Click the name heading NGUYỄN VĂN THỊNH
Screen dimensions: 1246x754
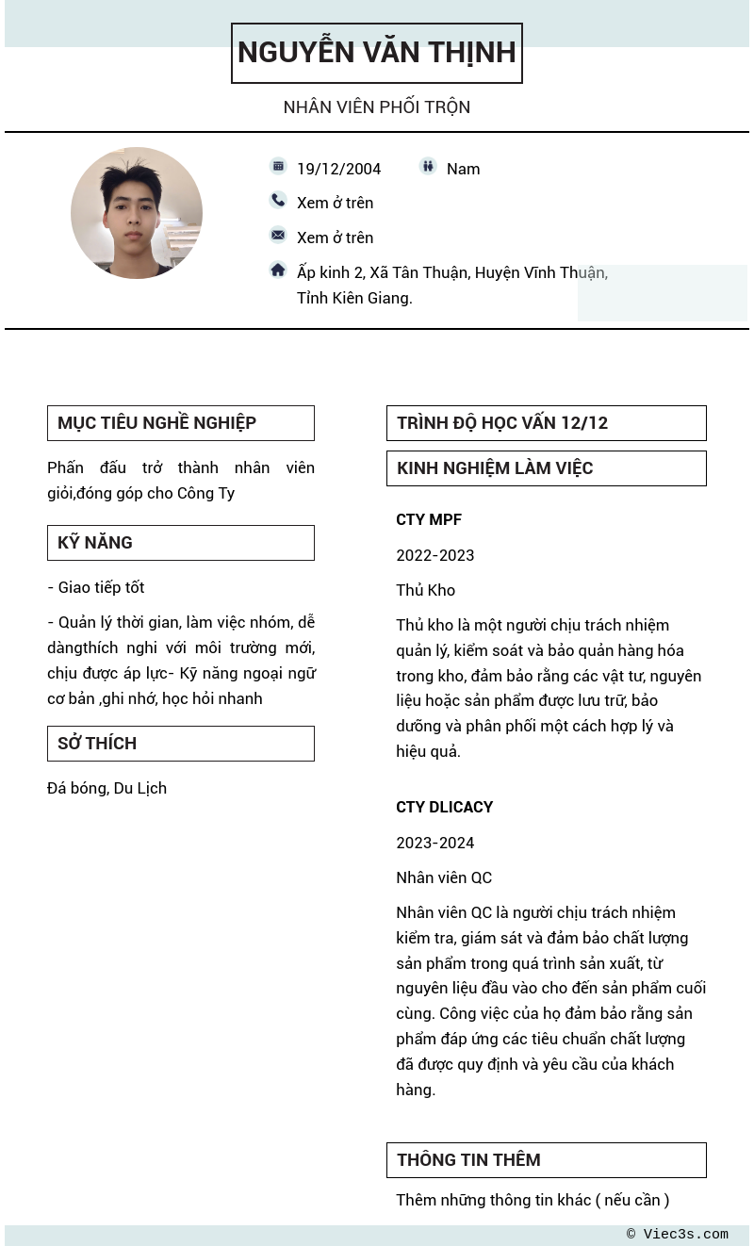point(377,53)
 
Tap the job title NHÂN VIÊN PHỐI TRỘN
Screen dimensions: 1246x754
point(377,107)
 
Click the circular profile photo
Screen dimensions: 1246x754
point(137,213)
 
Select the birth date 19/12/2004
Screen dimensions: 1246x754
point(338,169)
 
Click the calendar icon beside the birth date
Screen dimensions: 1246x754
point(278,166)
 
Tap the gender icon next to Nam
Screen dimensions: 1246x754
point(428,166)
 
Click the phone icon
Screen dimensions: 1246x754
point(278,200)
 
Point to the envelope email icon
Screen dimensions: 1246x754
point(278,235)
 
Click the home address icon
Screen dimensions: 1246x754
point(278,270)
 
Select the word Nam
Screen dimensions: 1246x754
point(463,169)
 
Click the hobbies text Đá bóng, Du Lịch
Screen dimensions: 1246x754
point(107,788)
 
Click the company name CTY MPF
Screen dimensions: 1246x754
point(429,520)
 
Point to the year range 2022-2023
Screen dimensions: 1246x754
point(434,555)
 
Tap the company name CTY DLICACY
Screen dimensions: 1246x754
point(444,808)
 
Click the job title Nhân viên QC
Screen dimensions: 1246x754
point(444,877)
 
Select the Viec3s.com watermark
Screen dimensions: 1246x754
point(679,1235)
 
